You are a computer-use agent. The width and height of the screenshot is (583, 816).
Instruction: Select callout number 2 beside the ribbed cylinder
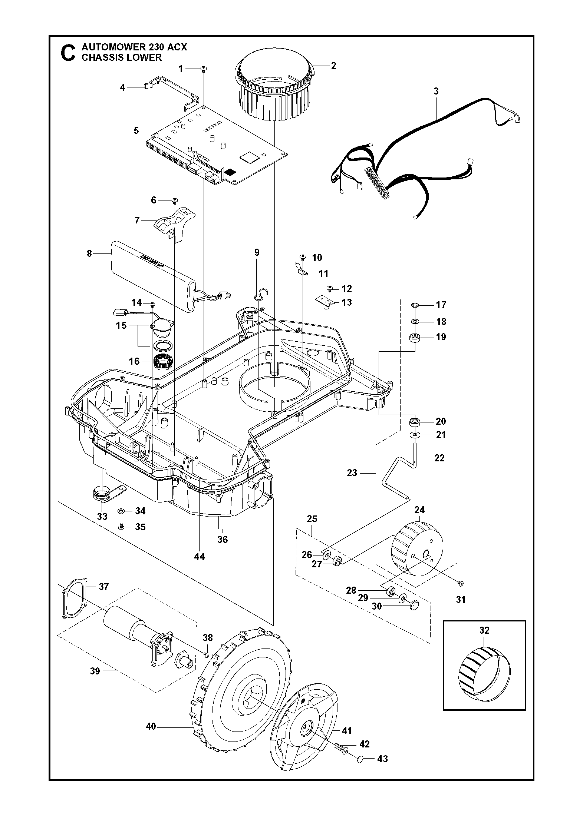(x=333, y=66)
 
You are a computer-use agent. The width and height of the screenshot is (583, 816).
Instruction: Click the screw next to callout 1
(x=204, y=69)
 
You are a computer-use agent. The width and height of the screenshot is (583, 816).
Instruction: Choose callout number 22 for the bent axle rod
(x=439, y=458)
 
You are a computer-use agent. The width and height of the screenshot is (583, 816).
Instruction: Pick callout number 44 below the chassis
(x=200, y=556)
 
